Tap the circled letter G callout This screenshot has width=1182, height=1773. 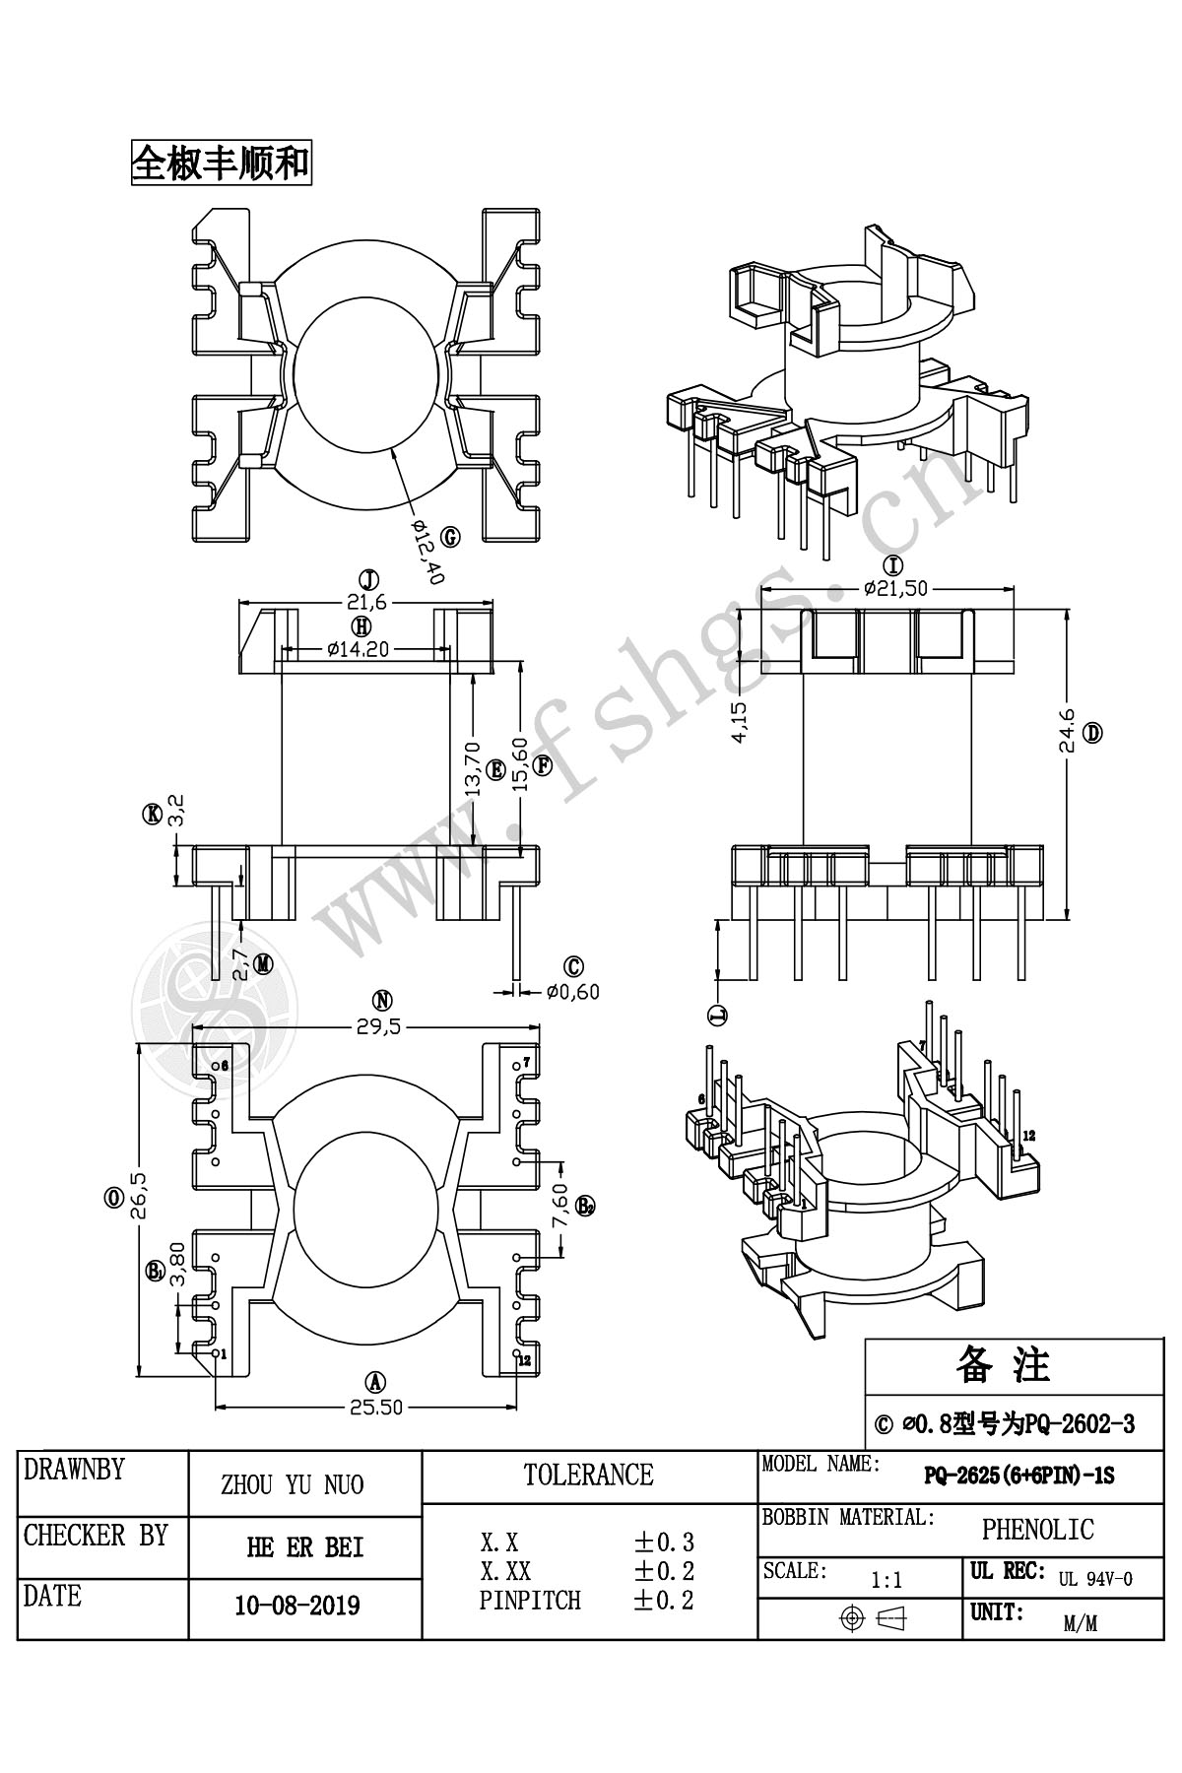450,537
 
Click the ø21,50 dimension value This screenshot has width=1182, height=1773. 895,588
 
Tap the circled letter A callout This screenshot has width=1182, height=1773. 375,1381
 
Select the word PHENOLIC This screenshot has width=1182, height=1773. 1037,1529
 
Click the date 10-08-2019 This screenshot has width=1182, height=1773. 297,1606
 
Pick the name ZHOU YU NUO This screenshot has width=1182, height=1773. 293,1484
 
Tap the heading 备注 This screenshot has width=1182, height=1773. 1003,1364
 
